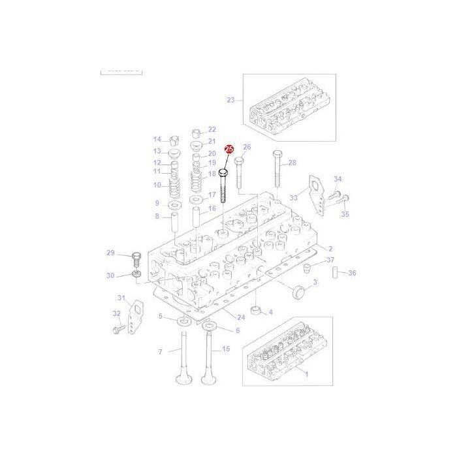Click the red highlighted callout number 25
pos(228,150)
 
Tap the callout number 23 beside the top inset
pos(230,100)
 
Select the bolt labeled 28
pos(277,172)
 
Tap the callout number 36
pos(352,273)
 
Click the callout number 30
pos(110,276)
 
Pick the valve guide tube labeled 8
pos(174,223)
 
